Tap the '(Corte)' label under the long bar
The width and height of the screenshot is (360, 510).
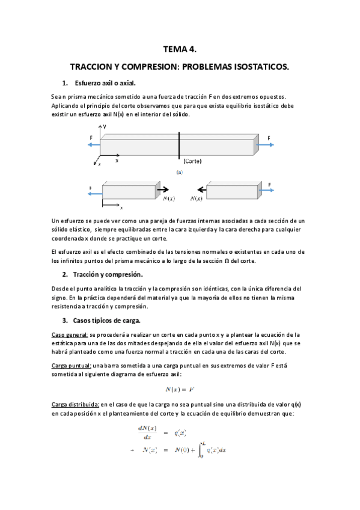[189, 161]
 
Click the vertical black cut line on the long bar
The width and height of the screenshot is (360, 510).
[178, 148]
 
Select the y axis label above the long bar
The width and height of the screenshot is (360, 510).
[105, 127]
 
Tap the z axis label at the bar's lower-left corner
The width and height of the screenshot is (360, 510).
[99, 164]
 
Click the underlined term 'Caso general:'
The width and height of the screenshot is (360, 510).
[70, 334]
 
